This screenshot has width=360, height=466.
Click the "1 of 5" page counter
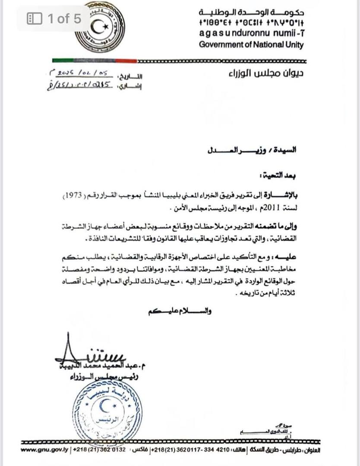(x=64, y=18)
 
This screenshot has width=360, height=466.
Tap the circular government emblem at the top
(x=99, y=27)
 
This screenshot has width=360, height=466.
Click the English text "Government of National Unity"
(x=251, y=44)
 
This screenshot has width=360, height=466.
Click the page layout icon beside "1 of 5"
(x=34, y=18)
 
